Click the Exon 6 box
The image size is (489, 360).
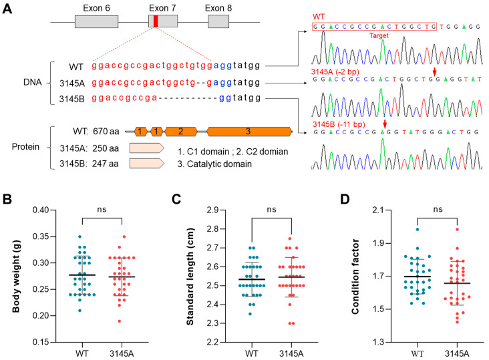click(97, 21)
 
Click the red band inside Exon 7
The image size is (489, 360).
click(156, 21)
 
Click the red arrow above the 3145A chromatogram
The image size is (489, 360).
click(434, 71)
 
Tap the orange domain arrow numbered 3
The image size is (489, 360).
click(249, 132)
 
